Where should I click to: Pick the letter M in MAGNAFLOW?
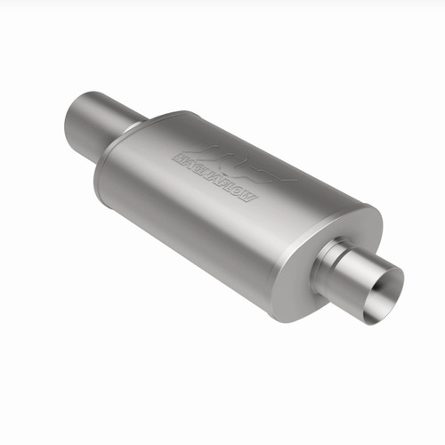point(178,158)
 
